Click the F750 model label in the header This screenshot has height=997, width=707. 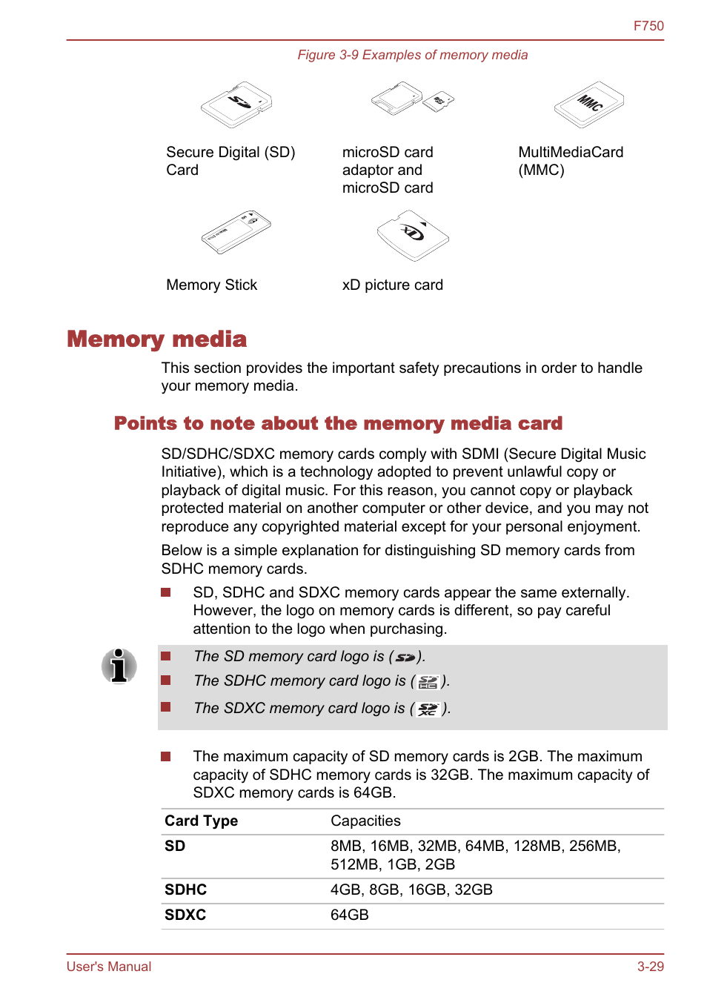pos(648,26)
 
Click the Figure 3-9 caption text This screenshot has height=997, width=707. pos(412,55)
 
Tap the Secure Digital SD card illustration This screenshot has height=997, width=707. pos(236,105)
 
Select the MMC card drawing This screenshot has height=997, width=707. pos(588,105)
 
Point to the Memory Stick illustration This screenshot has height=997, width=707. pos(236,232)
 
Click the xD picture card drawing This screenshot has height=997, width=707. pos(412,235)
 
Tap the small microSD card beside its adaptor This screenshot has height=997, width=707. pos(439,102)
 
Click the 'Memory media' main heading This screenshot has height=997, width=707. pos(156,339)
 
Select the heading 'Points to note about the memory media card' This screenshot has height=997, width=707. pos(338,423)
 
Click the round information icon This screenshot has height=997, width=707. pos(119,665)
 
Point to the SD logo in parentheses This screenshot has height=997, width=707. pos(405,658)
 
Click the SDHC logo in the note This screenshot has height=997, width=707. pos(428,682)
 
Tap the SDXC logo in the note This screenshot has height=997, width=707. pos(428,709)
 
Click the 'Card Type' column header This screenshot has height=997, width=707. pos(201,821)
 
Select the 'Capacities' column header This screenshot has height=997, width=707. pos(365,821)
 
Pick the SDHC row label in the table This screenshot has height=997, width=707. pos(185,890)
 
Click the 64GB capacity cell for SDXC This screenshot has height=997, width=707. pos(349,915)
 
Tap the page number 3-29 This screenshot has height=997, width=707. pos(650,967)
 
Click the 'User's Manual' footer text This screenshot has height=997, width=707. pos(109,967)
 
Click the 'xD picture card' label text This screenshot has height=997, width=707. pos(392,285)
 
